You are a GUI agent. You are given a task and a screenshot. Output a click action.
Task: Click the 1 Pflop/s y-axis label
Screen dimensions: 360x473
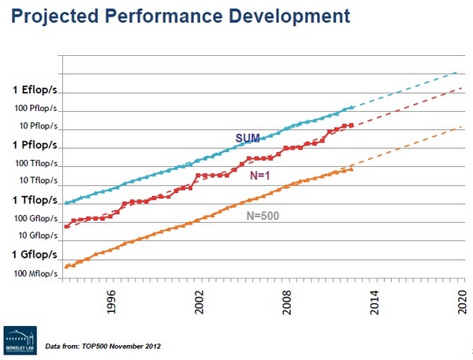coord(35,145)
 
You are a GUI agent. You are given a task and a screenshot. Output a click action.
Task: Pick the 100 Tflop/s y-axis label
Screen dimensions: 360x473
coord(33,164)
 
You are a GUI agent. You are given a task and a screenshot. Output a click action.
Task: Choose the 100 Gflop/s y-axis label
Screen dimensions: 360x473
coord(33,218)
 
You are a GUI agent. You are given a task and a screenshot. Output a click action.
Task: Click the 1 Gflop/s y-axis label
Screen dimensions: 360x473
coord(35,254)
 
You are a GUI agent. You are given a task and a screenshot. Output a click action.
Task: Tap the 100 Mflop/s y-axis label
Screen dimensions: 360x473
coord(33,273)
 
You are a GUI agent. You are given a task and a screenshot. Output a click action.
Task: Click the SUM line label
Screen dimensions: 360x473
coord(248,138)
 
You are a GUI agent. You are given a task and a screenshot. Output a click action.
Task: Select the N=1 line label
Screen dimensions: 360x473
coord(261,177)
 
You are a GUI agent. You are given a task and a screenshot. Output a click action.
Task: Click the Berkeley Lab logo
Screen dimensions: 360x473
coord(20,338)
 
